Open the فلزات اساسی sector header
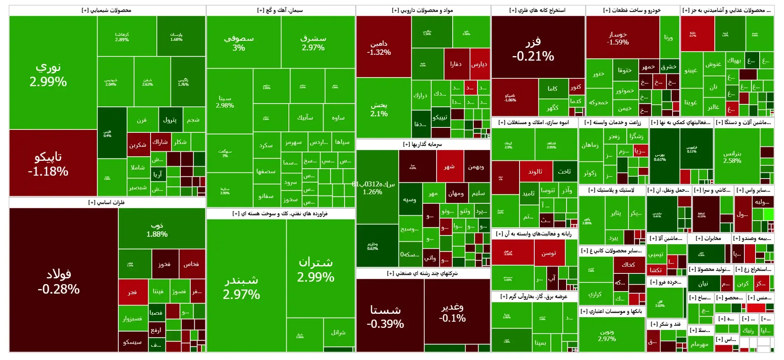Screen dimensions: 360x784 106,202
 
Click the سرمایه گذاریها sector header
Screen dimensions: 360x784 423,144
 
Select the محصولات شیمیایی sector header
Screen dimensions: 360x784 106,10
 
